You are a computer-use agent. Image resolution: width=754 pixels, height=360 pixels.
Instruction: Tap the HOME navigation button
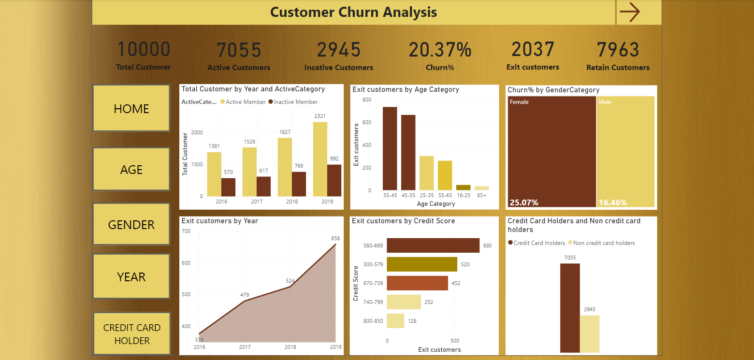[x=131, y=108]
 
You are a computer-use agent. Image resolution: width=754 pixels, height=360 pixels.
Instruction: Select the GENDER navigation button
[x=131, y=224]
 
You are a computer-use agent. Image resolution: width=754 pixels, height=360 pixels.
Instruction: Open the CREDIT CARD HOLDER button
[x=131, y=334]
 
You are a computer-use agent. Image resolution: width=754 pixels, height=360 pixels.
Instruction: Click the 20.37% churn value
[x=440, y=50]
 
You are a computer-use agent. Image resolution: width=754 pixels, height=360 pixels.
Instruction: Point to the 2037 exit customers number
[x=533, y=49]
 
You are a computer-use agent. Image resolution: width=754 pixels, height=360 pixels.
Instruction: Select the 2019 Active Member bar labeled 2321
[x=320, y=159]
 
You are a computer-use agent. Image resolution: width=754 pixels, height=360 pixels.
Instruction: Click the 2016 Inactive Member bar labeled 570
[x=229, y=187]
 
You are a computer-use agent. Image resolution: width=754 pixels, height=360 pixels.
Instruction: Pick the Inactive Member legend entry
[x=293, y=102]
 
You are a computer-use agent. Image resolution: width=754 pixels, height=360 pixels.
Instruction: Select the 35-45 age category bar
[x=390, y=148]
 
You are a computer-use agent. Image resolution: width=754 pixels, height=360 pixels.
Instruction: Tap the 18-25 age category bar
[x=463, y=187]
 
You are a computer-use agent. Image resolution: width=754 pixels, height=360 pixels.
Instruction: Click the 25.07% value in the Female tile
[x=524, y=202]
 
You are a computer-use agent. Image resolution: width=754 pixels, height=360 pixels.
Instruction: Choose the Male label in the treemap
[x=605, y=102]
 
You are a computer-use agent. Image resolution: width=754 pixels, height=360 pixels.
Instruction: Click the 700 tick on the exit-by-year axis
[x=186, y=231]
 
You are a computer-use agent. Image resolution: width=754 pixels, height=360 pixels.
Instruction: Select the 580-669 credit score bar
[x=433, y=245]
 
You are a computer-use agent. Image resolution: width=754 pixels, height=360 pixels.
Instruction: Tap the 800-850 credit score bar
[x=395, y=321]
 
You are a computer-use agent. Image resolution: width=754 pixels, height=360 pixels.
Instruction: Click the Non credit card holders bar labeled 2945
[x=590, y=334]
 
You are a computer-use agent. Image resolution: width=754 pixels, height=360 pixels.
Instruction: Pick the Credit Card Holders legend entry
[x=536, y=243]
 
